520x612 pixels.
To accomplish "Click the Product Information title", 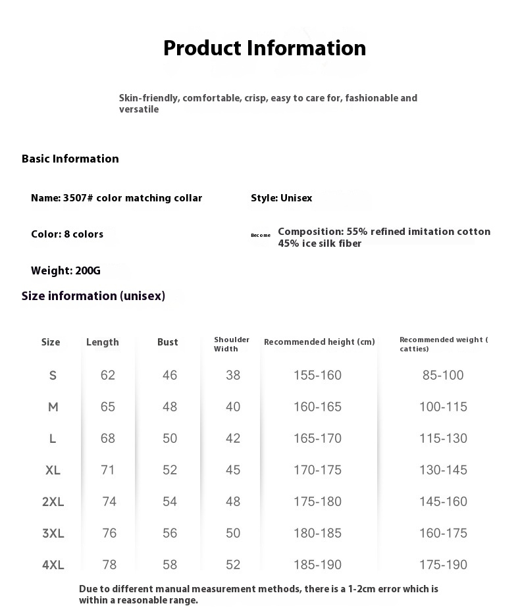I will pos(265,48).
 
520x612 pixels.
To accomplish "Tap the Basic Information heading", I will pos(70,159).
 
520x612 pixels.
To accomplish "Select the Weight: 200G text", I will pos(66,270).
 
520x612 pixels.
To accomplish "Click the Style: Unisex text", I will pos(281,198).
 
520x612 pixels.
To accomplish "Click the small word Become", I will pos(261,235).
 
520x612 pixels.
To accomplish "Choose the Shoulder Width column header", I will pos(232,344).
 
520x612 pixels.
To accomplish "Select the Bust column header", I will pos(168,342).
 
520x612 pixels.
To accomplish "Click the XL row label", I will pos(53,470).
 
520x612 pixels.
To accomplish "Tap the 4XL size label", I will pos(53,565).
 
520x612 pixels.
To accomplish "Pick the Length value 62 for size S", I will pos(108,375).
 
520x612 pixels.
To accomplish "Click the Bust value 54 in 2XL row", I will pos(170,501).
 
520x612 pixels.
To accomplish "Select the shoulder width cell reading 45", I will pos(233,470).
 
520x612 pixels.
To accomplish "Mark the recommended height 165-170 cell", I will pos(318,438).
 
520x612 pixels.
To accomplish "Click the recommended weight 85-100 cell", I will pos(443,375).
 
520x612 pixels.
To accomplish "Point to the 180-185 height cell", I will pos(318,533).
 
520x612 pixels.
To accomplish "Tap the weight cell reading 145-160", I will pos(443,501).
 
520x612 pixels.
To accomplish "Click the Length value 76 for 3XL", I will pos(109,533).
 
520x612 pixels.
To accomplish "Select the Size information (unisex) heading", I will pos(93,296).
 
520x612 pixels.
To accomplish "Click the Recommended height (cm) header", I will pos(319,342).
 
